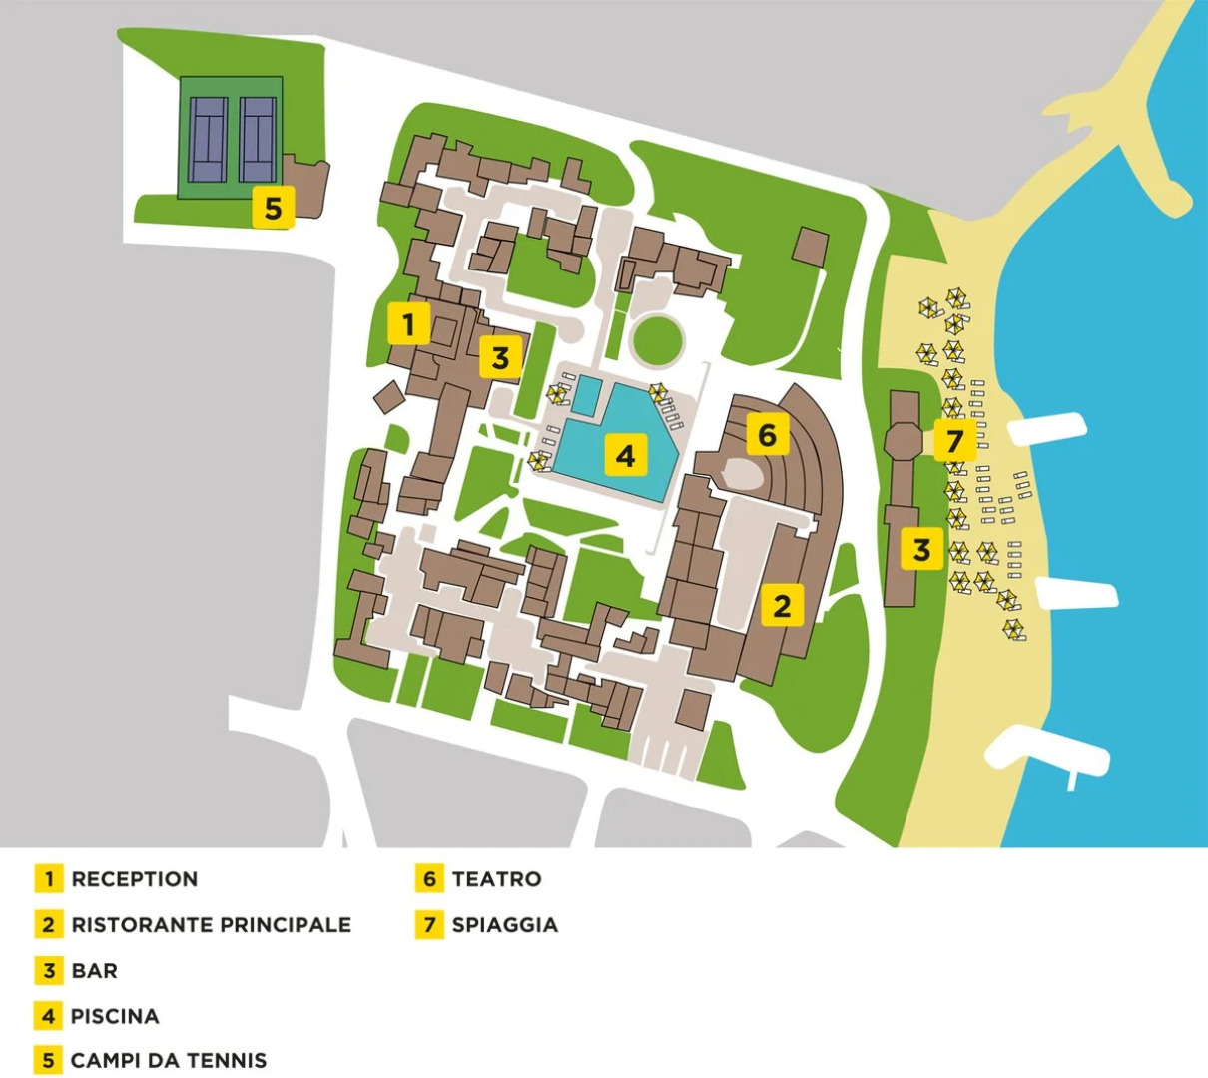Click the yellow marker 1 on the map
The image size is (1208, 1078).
[x=408, y=324]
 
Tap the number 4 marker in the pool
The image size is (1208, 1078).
[x=625, y=456]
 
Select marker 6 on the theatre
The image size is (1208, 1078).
[x=767, y=435]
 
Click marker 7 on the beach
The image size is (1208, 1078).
[x=955, y=440]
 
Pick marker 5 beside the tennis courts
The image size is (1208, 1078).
[x=273, y=208]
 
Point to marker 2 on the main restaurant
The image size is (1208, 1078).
[x=782, y=605]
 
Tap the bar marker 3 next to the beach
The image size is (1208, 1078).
[x=921, y=549]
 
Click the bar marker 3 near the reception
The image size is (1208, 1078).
[x=500, y=356]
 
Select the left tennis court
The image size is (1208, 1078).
[x=210, y=138]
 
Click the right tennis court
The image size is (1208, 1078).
[x=257, y=138]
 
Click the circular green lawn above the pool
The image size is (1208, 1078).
[x=658, y=339]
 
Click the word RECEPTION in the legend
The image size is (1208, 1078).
[x=135, y=879]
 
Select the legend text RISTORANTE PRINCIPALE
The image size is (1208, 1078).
[x=211, y=925]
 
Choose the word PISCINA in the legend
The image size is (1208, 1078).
[x=115, y=1016]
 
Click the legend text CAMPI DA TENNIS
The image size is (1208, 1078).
[x=169, y=1060]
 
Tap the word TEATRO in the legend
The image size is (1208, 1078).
[x=496, y=879]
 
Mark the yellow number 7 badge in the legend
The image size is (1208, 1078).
[x=429, y=925]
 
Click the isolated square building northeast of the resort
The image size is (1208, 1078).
[x=810, y=246]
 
